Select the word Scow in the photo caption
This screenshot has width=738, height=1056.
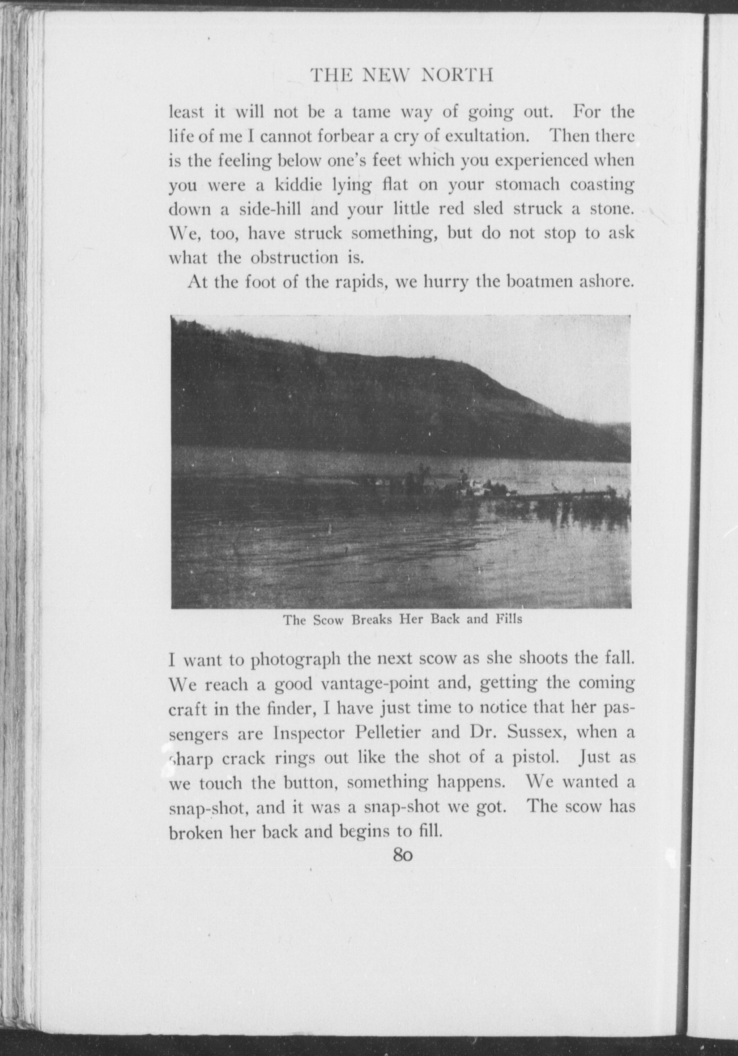coord(328,620)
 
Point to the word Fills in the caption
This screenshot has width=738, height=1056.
coord(509,619)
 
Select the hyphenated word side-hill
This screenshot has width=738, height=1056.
coord(271,209)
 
